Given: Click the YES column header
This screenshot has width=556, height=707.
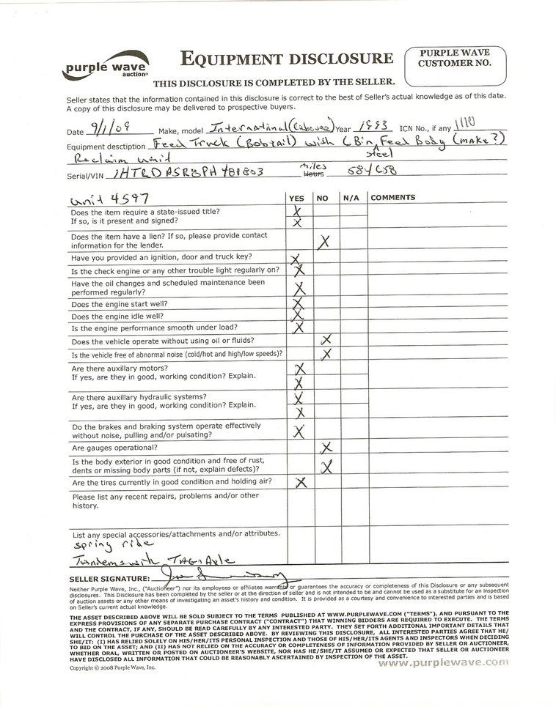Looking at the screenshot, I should coord(297,198).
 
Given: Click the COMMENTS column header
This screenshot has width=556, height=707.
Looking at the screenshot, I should coord(393,198).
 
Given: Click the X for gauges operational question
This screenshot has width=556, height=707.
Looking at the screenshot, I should coord(327,447).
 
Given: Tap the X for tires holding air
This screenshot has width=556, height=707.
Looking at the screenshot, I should coord(299,482).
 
